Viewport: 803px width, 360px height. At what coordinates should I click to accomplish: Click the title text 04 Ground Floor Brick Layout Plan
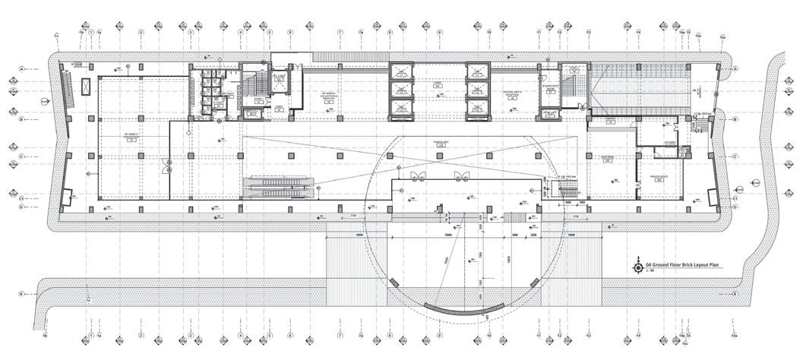tap(681, 265)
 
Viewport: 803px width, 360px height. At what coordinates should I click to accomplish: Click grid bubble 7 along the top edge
tap(341, 33)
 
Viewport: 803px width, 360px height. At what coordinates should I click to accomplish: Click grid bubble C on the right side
tap(735, 156)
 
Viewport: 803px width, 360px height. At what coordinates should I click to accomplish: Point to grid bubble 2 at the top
tap(141, 33)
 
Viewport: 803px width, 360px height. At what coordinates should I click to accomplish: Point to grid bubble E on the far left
tap(23, 293)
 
